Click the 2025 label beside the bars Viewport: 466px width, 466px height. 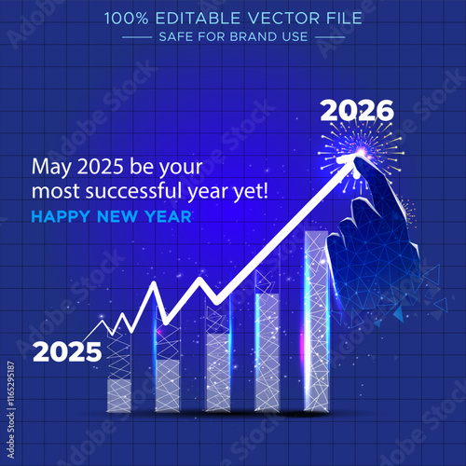[x=66, y=351]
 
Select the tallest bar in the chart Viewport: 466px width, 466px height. [x=316, y=322]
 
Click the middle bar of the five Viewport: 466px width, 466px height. [x=217, y=363]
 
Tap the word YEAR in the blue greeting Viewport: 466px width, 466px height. [x=169, y=216]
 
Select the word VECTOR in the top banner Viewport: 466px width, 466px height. [x=264, y=17]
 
